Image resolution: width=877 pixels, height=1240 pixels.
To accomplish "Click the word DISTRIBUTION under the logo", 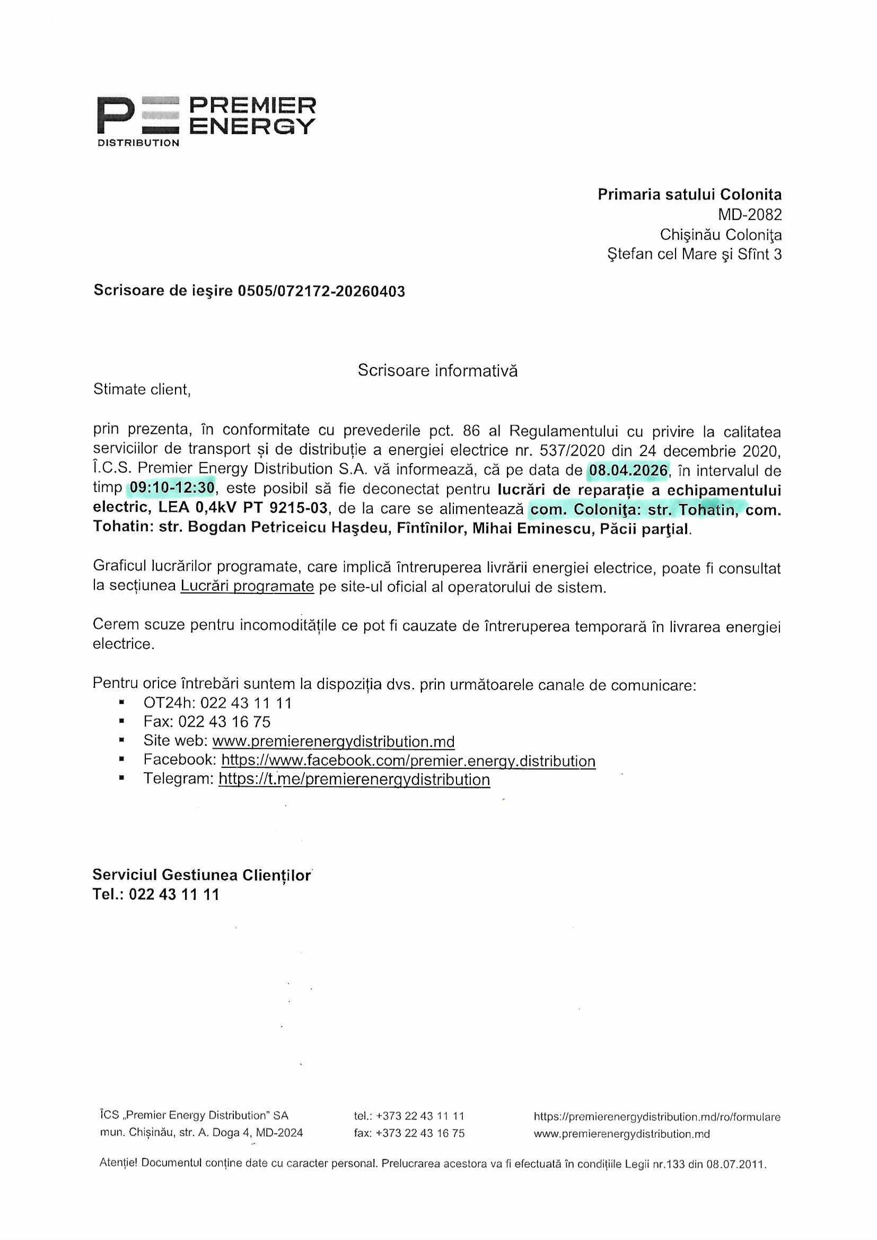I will [138, 143].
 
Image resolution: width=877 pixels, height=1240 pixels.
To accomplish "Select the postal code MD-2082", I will [749, 215].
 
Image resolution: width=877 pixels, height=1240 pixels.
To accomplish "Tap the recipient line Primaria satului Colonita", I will [689, 195].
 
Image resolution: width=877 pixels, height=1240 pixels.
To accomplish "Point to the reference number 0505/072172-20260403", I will [321, 292].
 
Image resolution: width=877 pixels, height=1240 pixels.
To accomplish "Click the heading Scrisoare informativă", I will [437, 371].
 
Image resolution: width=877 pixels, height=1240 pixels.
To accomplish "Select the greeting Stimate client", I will [142, 389].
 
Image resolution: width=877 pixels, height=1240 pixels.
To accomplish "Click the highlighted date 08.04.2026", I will [628, 470].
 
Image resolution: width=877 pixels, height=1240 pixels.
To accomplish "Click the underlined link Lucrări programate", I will [247, 587].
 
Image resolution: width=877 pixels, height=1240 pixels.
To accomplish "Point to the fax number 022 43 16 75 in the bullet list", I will [225, 722].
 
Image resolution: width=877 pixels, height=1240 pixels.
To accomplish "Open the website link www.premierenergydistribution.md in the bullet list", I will [333, 741].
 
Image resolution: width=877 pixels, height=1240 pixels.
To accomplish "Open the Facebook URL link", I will [408, 761].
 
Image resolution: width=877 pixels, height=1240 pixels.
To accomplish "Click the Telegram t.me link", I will [354, 779].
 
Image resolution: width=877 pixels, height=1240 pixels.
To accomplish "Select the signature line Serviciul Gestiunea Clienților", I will [202, 875].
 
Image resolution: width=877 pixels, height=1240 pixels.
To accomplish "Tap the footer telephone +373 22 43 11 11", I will [420, 1116].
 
